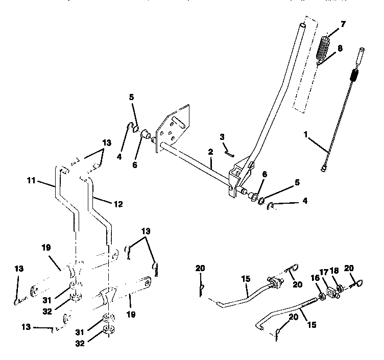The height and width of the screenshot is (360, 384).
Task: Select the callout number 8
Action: click(x=340, y=48)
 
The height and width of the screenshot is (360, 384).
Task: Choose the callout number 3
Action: click(x=223, y=137)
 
